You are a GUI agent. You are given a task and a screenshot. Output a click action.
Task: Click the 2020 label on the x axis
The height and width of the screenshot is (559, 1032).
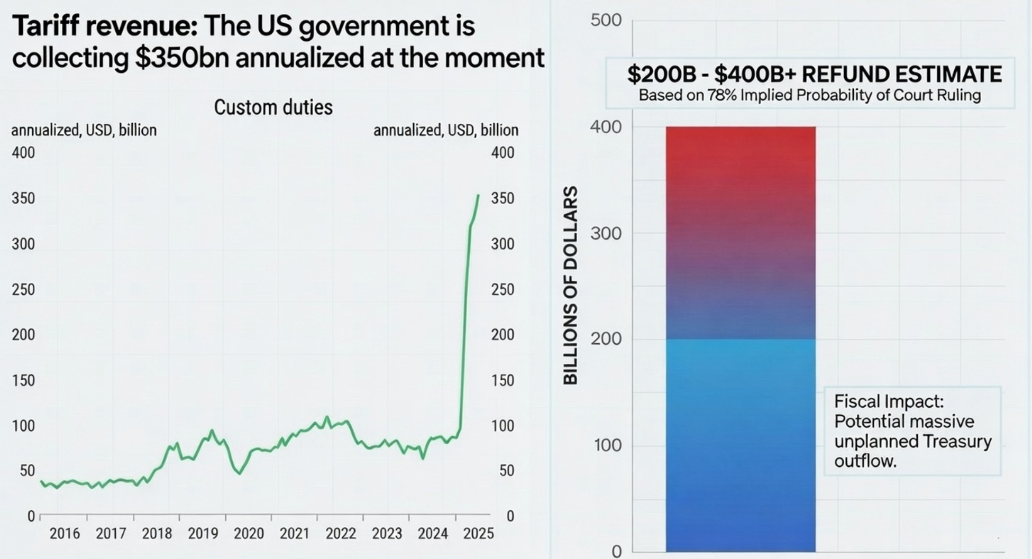[x=249, y=533]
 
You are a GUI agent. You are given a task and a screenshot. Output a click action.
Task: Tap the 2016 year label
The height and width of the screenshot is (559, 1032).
[x=65, y=533]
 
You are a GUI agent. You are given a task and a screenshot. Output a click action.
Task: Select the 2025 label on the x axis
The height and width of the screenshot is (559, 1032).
[x=478, y=533]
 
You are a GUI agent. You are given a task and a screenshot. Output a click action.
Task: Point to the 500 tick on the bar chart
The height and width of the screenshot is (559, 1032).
[x=606, y=21]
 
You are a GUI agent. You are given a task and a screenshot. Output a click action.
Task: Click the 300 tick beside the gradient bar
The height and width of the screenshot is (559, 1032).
[x=606, y=233]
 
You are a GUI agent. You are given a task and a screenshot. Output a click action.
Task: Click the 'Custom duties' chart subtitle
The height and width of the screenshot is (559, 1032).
[x=273, y=107]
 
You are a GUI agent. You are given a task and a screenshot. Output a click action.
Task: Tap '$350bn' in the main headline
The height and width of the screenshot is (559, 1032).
[x=181, y=58]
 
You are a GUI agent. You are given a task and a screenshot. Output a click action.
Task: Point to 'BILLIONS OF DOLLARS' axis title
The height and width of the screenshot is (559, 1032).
[x=570, y=286]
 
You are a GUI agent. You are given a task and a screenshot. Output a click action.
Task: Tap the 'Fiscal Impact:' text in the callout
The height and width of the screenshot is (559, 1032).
[x=889, y=401]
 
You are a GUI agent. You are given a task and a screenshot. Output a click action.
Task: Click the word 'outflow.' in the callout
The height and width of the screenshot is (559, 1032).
[x=865, y=461]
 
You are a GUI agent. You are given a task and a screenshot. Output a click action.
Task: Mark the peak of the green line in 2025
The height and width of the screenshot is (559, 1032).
[x=478, y=195]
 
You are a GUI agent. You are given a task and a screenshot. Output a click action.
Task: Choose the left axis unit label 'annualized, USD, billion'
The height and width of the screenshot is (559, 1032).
[x=84, y=130]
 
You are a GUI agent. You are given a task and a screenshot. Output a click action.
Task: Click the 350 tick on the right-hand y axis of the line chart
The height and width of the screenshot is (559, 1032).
[x=503, y=198]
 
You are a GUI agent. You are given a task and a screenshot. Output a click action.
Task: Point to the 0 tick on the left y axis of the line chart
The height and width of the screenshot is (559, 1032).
[x=31, y=516]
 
